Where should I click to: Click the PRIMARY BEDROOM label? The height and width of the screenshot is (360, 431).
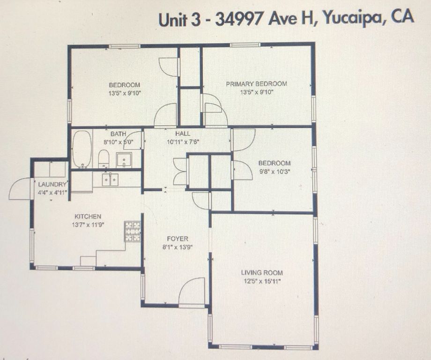pyautogui.click(x=256, y=84)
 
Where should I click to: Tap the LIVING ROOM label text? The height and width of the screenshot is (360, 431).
pyautogui.click(x=262, y=272)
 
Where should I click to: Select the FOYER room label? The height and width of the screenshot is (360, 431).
pyautogui.click(x=177, y=239)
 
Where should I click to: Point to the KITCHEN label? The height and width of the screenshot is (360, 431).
pyautogui.click(x=88, y=217)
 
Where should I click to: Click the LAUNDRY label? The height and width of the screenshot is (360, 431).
pyautogui.click(x=52, y=184)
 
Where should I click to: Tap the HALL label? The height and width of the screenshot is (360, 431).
pyautogui.click(x=183, y=134)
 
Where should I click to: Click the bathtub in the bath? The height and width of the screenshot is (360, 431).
pyautogui.click(x=82, y=149)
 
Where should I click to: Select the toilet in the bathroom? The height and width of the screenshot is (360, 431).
pyautogui.click(x=104, y=158)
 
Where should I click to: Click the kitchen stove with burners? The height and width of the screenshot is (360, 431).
pyautogui.click(x=133, y=231)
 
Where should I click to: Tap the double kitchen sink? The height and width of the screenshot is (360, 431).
pyautogui.click(x=111, y=180)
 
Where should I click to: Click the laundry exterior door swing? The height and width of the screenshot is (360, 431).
pyautogui.click(x=21, y=189)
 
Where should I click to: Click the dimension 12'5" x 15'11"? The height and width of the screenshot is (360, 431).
pyautogui.click(x=262, y=281)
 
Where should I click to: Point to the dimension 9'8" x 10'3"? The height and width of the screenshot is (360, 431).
pyautogui.click(x=274, y=172)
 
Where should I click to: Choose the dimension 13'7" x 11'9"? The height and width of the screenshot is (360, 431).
pyautogui.click(x=88, y=225)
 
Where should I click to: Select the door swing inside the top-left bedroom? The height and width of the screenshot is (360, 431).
pyautogui.click(x=169, y=67)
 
